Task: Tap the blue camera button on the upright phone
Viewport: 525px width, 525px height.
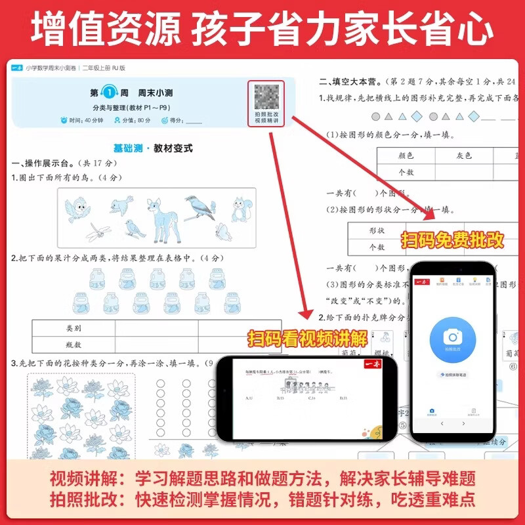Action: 451,337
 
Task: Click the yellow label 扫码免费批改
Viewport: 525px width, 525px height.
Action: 453,240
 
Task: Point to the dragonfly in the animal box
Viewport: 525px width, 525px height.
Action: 100,229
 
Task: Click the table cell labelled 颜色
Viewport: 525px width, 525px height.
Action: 406,156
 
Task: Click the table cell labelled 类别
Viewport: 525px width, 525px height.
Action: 73,327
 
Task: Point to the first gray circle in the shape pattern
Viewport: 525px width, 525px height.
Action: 375,116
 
